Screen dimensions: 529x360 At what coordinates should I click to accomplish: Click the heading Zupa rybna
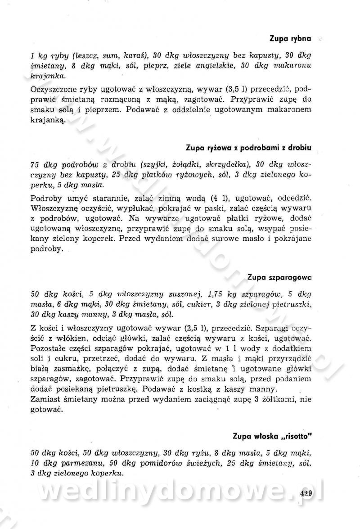pos(290,39)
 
